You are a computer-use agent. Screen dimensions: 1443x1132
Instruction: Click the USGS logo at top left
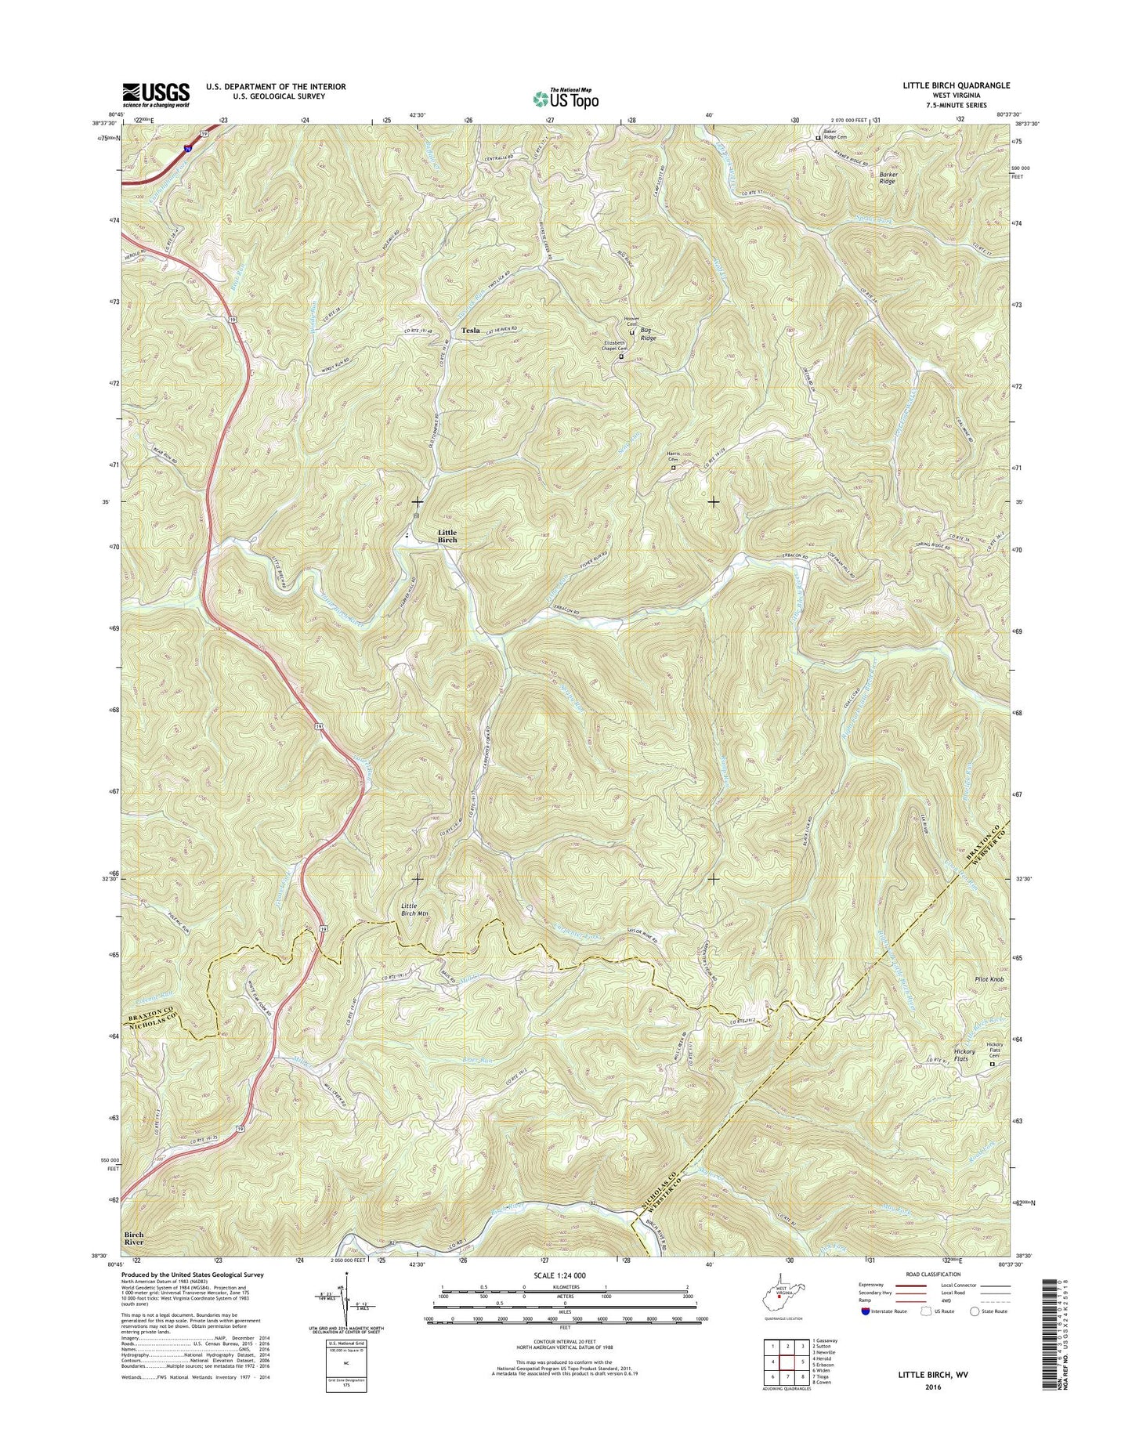tap(155, 94)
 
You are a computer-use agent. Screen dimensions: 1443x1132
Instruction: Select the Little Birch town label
tap(447, 537)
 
